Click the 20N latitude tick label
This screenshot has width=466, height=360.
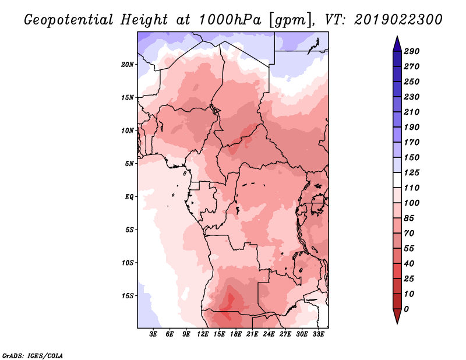coord(128,64)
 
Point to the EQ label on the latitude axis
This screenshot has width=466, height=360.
coord(129,196)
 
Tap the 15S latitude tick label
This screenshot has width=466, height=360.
coord(128,295)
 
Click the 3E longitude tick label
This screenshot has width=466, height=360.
coord(154,334)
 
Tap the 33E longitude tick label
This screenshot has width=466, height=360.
coord(318,334)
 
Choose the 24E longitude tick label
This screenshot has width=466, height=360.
coord(269,334)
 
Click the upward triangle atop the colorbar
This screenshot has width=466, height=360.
coord(397,43)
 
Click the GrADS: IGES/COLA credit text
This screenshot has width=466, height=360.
coord(32,355)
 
